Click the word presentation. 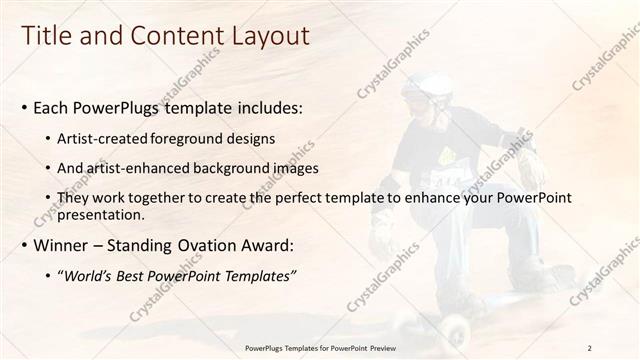pyautogui.click(x=101, y=215)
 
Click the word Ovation pyautogui.click(x=207, y=246)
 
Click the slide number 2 pyautogui.click(x=589, y=347)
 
